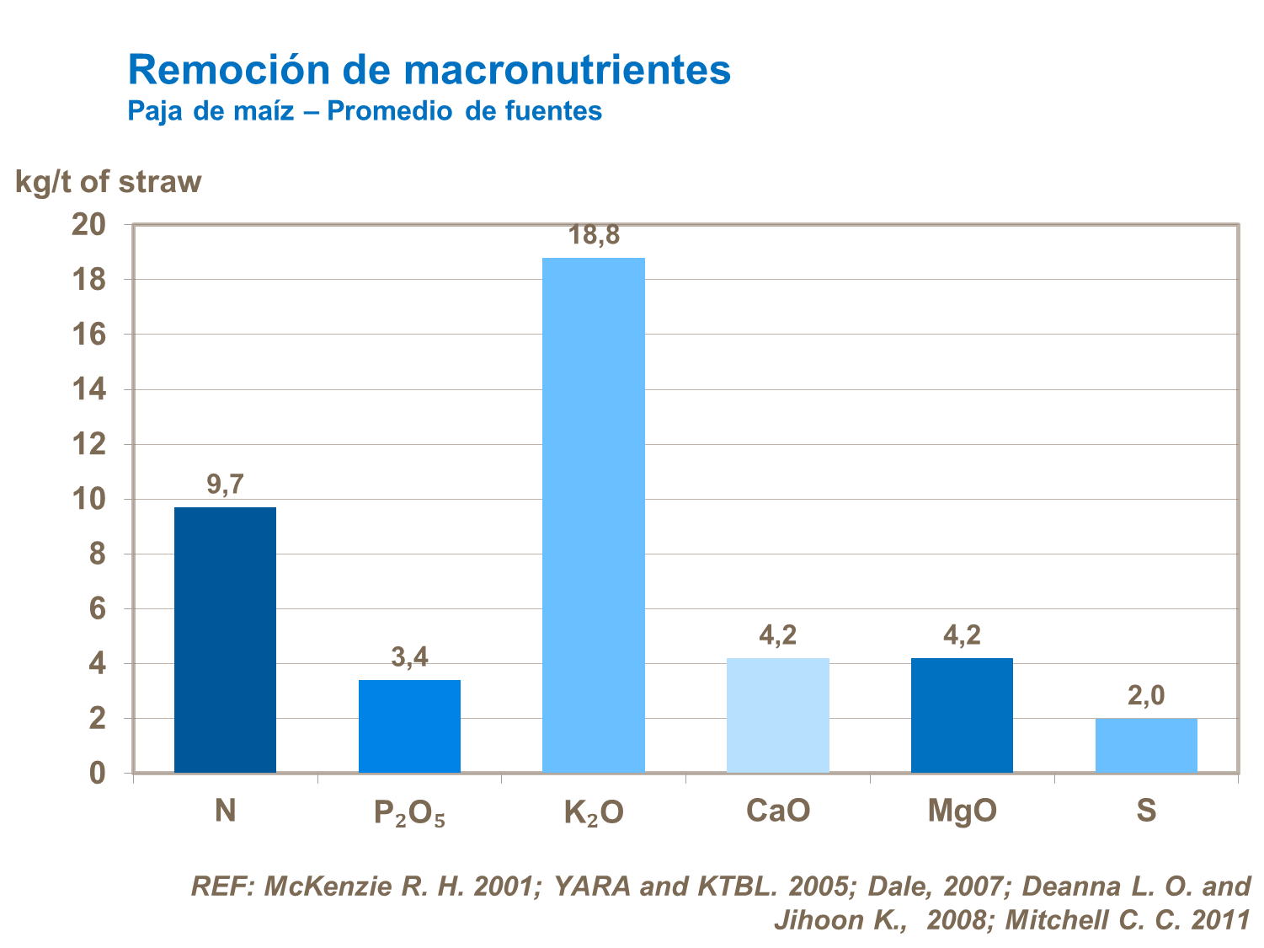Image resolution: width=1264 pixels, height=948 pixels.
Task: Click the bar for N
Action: coord(225,640)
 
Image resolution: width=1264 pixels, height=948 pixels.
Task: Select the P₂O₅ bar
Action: coord(409,726)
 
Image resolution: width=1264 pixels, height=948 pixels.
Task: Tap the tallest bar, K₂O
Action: coord(594,515)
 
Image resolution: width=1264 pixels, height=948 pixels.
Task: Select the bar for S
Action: coord(1146,745)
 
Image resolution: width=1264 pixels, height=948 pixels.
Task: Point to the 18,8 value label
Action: coord(594,236)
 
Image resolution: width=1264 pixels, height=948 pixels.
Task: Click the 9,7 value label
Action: coord(225,485)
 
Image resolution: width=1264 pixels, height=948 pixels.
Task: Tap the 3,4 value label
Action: coord(409,657)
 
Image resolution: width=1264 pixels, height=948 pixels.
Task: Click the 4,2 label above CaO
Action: coord(777,635)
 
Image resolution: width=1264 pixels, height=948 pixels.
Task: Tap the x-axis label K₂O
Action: coord(594,812)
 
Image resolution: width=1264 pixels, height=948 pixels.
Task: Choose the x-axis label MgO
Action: coord(962,811)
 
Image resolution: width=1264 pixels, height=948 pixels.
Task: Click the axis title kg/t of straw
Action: coord(109,182)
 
